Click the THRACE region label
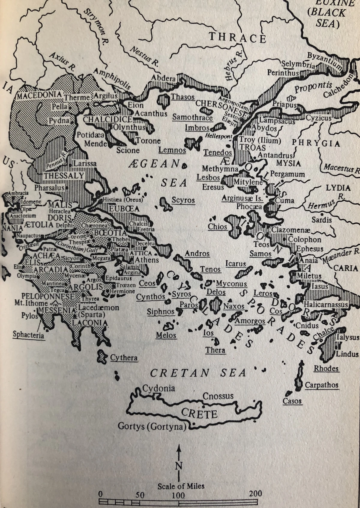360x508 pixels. (237, 38)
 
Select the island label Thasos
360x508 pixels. (183, 97)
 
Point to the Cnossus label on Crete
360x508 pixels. (218, 396)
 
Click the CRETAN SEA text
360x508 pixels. (198, 373)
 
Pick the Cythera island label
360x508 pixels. (124, 358)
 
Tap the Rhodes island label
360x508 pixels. (326, 368)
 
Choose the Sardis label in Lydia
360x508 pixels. (322, 220)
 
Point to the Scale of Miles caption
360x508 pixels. (181, 486)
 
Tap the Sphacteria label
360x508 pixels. (28, 335)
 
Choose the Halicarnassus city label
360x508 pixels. (325, 305)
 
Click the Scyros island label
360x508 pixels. (183, 200)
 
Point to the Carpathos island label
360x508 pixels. (322, 385)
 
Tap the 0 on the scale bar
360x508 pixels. (100, 494)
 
